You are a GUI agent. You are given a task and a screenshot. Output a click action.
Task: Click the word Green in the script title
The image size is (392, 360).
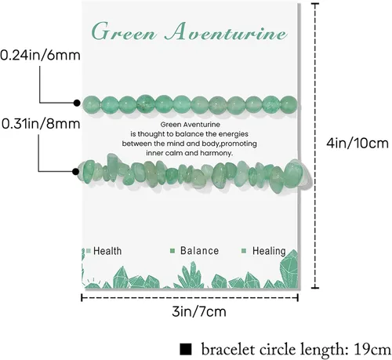[x=124, y=32]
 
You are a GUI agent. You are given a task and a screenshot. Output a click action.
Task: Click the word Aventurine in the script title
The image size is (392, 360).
[x=226, y=32]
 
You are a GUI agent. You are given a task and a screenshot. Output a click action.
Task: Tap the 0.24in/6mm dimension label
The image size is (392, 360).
[x=40, y=56]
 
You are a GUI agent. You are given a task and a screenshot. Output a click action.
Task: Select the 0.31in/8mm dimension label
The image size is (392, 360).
[x=41, y=124]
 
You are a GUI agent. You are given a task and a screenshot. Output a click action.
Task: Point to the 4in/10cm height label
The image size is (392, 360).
[x=358, y=144]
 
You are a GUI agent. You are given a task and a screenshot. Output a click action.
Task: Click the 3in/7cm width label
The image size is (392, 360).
[x=199, y=311]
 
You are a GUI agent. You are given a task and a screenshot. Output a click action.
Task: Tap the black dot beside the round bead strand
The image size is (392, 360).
[x=77, y=103]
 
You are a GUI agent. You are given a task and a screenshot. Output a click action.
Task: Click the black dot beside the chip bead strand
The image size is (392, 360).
[x=75, y=172]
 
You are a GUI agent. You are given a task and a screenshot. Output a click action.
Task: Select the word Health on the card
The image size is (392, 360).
[x=107, y=251]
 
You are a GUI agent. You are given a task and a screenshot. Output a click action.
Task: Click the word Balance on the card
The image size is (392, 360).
[x=199, y=251]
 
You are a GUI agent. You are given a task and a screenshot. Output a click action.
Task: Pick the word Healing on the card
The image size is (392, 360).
[x=269, y=251]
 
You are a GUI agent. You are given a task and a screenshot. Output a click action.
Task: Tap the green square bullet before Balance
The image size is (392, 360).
[x=172, y=251]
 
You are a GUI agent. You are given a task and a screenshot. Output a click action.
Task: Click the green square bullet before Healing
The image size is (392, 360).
[x=244, y=251]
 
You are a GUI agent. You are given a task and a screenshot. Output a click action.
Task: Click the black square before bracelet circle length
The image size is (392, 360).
[x=186, y=350]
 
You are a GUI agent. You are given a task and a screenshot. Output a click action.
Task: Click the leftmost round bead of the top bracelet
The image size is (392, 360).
[x=91, y=104]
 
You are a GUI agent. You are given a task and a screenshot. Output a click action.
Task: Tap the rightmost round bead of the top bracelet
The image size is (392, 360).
[x=289, y=104]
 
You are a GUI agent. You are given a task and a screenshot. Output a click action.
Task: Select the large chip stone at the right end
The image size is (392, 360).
[x=293, y=173]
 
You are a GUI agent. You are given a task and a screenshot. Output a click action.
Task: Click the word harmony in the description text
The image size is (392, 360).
[x=216, y=153]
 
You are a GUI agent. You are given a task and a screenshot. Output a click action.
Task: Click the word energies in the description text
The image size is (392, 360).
[x=234, y=134]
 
